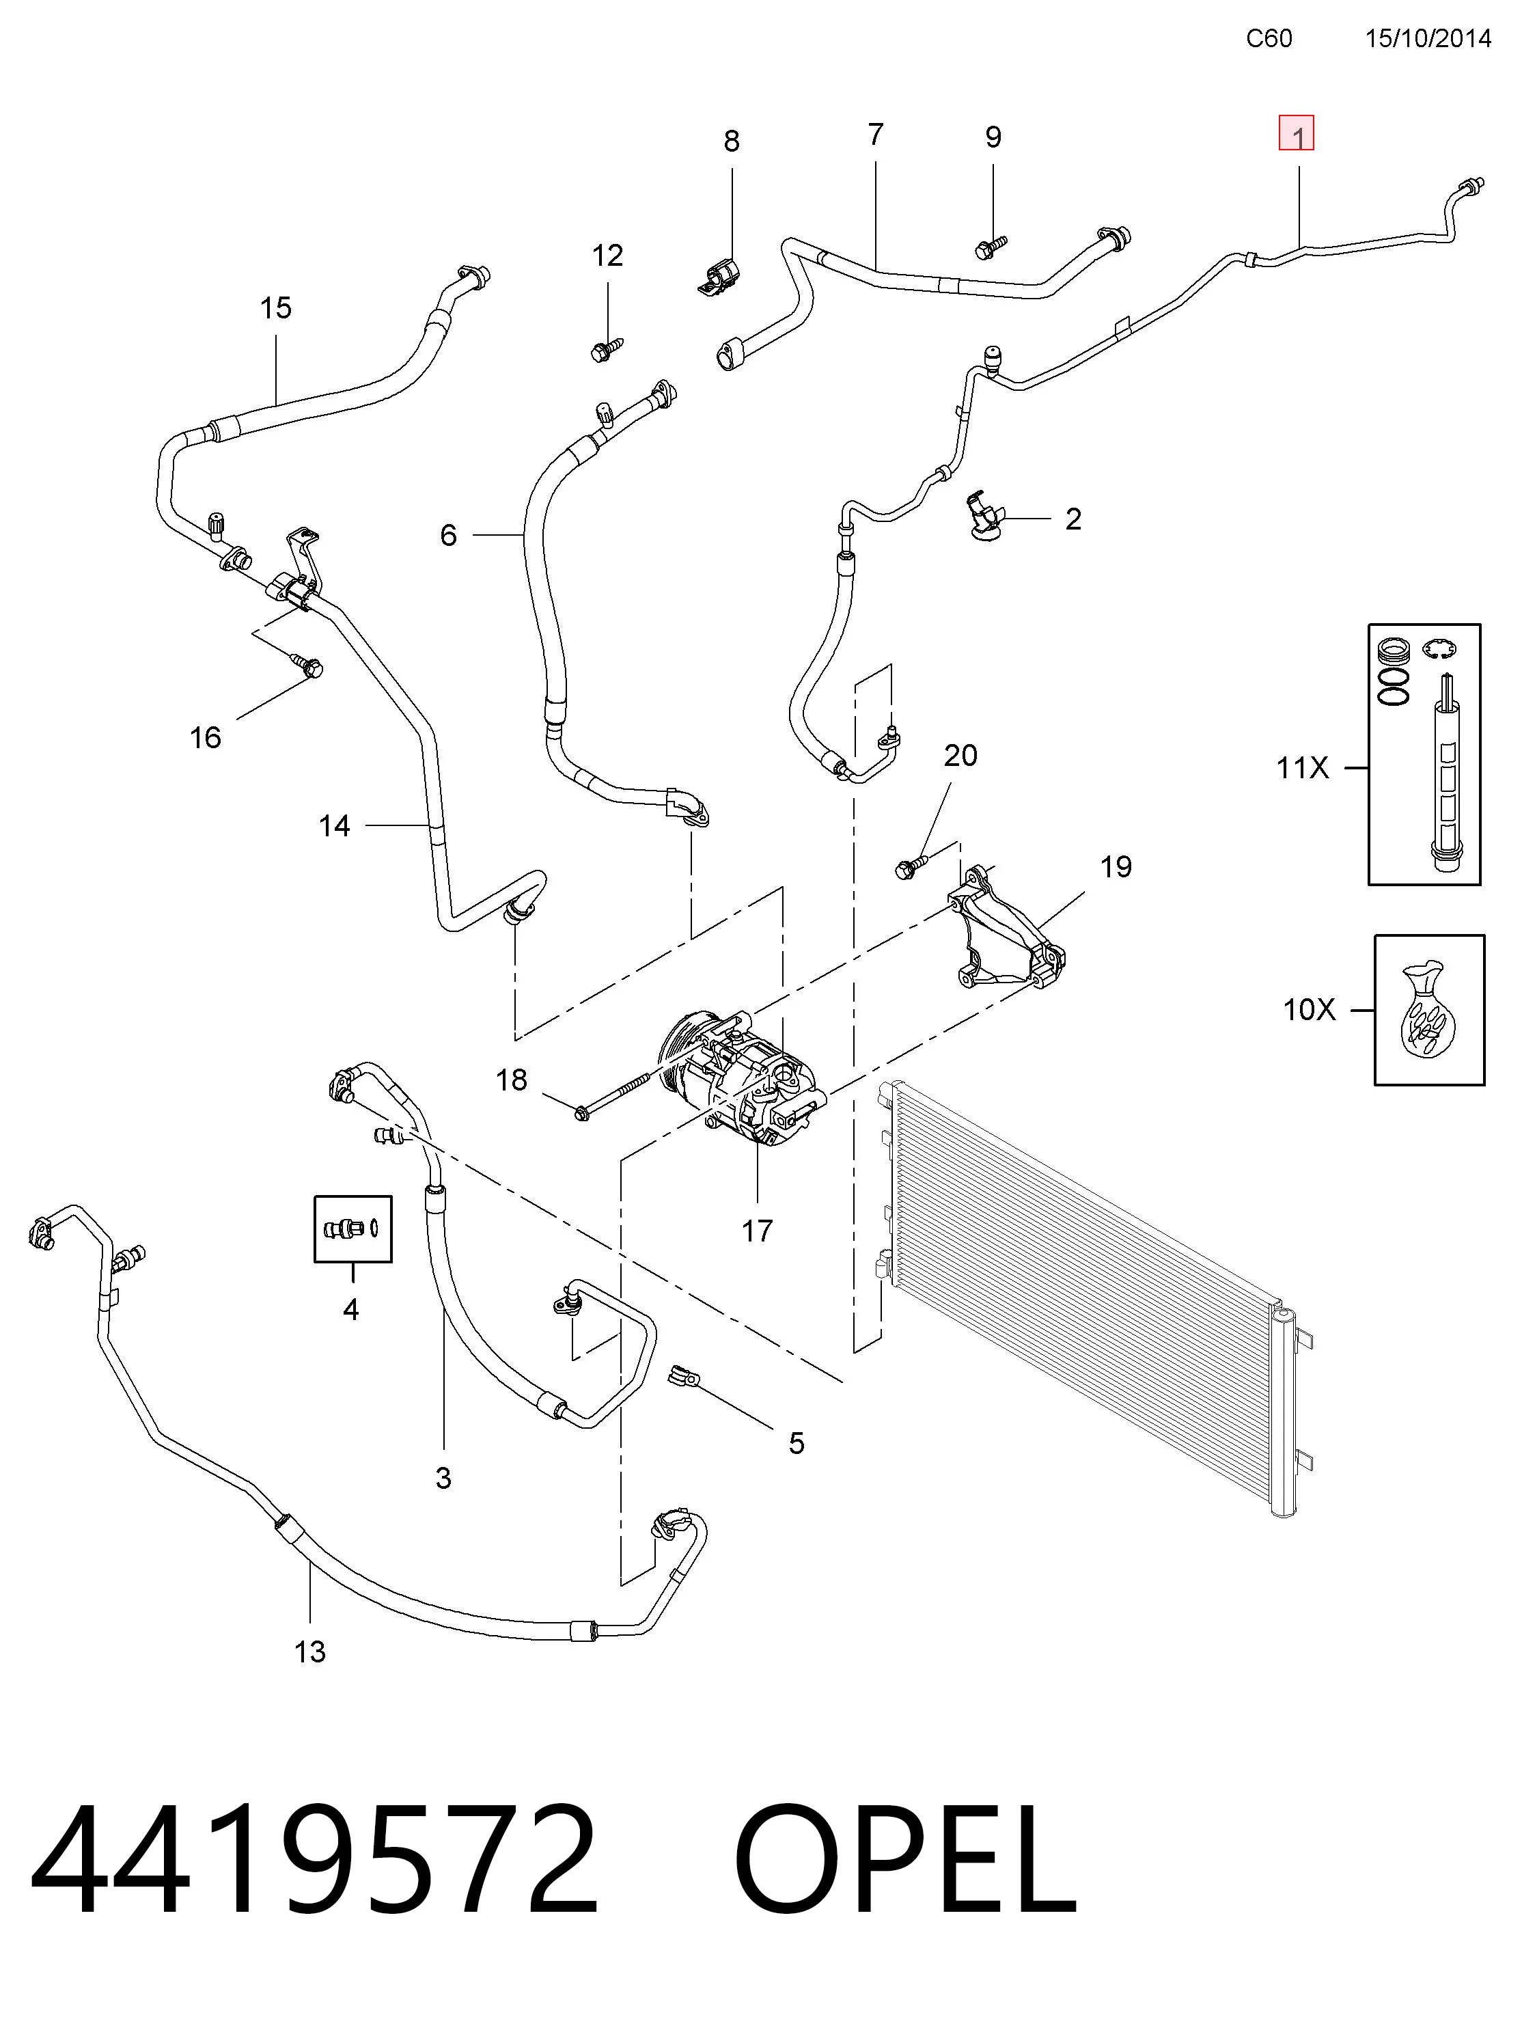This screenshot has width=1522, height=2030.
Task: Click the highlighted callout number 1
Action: (x=1297, y=137)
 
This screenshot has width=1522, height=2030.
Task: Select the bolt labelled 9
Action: (x=991, y=246)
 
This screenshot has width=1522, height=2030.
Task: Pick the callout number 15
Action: (x=275, y=307)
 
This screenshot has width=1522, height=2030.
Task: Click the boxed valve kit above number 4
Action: (x=353, y=1228)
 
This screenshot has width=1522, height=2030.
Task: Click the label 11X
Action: (x=1302, y=767)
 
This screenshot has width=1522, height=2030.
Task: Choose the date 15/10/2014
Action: (x=1428, y=38)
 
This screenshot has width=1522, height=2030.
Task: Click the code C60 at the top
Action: (x=1269, y=38)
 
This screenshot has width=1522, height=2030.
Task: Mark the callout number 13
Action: (x=309, y=1651)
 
